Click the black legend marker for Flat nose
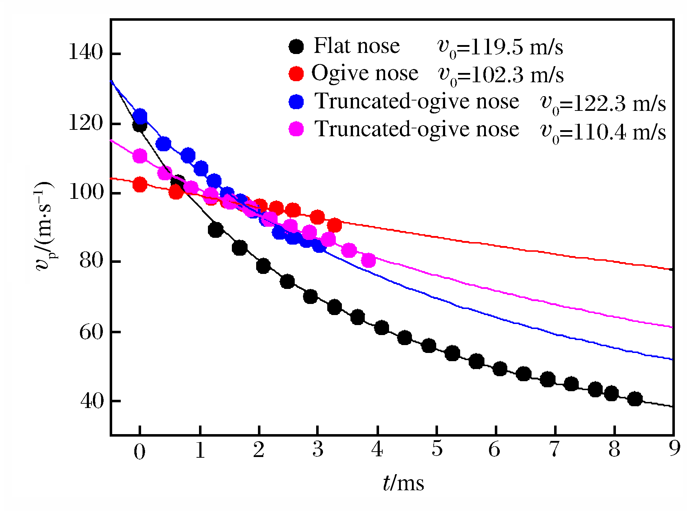click(296, 46)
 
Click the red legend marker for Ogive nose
click(296, 74)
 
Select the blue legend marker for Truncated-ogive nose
click(296, 102)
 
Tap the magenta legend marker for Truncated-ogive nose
click(296, 129)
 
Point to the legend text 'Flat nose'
click(357, 46)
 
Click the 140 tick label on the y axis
click(85, 53)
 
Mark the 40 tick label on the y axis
click(91, 401)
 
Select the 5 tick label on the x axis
click(437, 449)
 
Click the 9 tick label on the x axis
click(674, 449)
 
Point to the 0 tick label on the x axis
click(140, 451)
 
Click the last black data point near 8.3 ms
click(635, 399)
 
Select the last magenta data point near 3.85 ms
click(368, 261)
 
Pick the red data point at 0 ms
click(140, 185)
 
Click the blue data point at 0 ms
click(140, 116)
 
